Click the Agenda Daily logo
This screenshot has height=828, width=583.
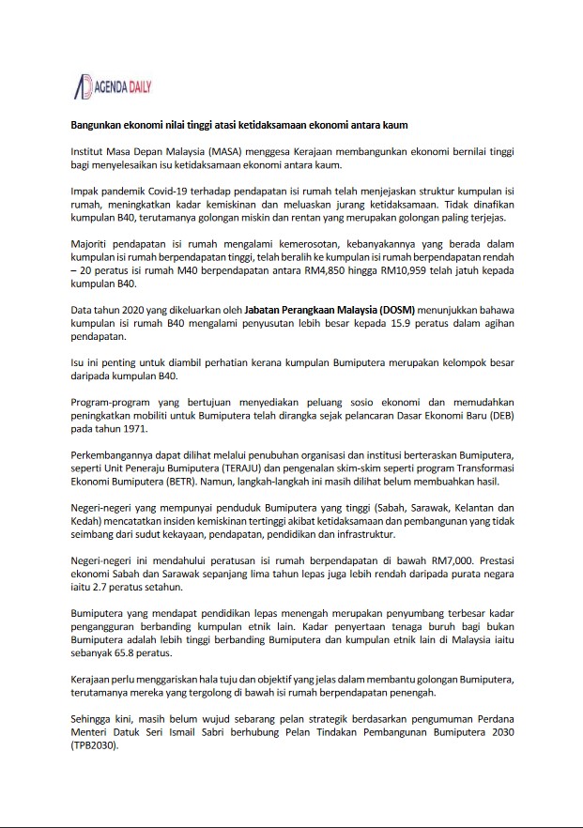pyautogui.click(x=113, y=87)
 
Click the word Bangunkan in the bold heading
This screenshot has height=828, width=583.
pyautogui.click(x=99, y=125)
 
